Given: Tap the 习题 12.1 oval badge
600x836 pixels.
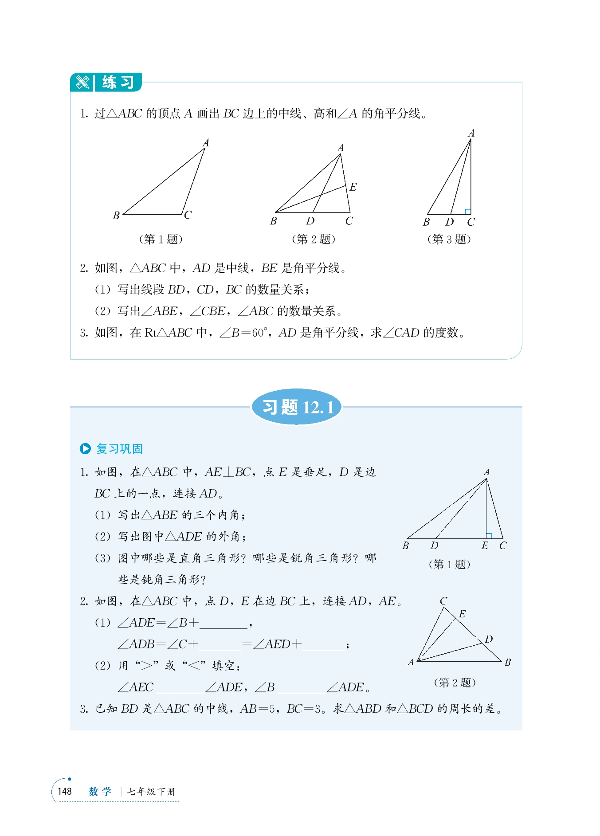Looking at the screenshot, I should [297, 407].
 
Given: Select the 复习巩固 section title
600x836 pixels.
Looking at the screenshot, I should [119, 449].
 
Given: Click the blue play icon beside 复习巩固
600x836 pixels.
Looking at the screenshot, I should [85, 449].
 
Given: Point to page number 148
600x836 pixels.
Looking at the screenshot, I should [65, 792].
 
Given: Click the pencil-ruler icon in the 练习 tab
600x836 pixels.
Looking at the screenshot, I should [82, 82].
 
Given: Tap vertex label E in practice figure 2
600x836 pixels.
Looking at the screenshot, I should [353, 187].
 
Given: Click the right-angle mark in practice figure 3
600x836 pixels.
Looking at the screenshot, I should [467, 212].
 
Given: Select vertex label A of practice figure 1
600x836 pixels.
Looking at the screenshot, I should [206, 143].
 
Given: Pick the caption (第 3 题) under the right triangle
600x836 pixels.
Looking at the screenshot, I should [449, 239].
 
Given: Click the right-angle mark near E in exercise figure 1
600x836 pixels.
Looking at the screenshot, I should [489, 536].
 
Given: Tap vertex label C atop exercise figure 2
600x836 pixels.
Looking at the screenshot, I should [443, 601].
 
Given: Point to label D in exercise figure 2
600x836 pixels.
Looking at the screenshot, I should [489, 639].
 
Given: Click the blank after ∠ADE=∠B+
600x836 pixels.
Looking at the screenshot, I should [224, 624].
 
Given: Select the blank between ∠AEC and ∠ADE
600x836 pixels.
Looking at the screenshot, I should [181, 688].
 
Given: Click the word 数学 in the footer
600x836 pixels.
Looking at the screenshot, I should [100, 792].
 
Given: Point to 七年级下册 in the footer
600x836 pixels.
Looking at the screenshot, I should [151, 792].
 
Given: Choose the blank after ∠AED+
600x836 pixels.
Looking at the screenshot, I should [323, 645].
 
